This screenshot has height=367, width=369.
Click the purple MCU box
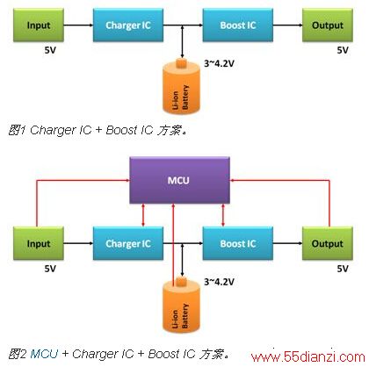coord(179,180)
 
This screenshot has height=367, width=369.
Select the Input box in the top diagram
coord(39,25)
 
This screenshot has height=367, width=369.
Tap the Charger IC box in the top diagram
coord(128,25)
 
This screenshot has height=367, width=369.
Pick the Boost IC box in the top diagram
coord(238,25)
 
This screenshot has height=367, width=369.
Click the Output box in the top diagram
coord(328,25)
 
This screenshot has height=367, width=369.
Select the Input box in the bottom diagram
coord(39,243)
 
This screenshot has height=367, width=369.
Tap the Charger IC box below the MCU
coord(128,243)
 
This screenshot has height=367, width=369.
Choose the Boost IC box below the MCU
coord(238,243)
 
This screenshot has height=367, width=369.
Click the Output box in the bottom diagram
coord(328,243)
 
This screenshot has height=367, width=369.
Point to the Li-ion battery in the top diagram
coord(181,86)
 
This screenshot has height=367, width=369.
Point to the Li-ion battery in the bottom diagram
coord(181,305)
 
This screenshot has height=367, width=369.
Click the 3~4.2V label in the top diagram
coord(219,63)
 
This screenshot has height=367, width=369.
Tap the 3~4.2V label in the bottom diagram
coord(219,282)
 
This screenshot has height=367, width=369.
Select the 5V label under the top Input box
coord(50,50)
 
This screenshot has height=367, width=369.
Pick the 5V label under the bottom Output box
coord(343,269)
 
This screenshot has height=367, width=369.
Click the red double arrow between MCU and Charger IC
coord(143,215)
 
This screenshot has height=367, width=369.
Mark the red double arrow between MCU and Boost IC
coord(223,215)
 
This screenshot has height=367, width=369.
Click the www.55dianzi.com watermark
coord(307,357)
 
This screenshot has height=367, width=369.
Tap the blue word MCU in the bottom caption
coord(44,354)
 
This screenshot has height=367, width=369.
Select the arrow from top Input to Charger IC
coord(78,25)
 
